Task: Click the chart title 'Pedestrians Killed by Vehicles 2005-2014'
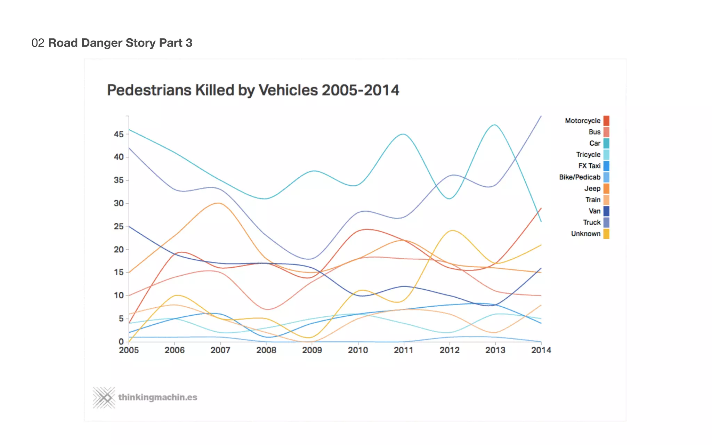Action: coord(253,90)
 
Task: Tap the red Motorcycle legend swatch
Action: coord(606,121)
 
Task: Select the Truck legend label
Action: coord(591,222)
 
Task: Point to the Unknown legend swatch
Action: coord(606,234)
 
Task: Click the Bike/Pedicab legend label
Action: coord(580,177)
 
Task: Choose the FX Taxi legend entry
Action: coord(589,166)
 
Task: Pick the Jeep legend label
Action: coord(592,188)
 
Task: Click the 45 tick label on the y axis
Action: coord(119,134)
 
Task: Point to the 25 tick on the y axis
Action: coord(119,226)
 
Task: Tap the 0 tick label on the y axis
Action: coord(121,342)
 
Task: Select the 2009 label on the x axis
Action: coord(312,350)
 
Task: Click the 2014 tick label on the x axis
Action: coord(541,350)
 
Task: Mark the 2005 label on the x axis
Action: coord(129,350)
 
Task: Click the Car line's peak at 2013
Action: coord(495,125)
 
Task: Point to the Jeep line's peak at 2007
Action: coord(218,203)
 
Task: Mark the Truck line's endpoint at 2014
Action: coord(541,116)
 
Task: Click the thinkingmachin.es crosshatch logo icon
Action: coord(104,397)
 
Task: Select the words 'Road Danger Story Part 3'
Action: coord(120,43)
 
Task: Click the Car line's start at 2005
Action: coord(129,130)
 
